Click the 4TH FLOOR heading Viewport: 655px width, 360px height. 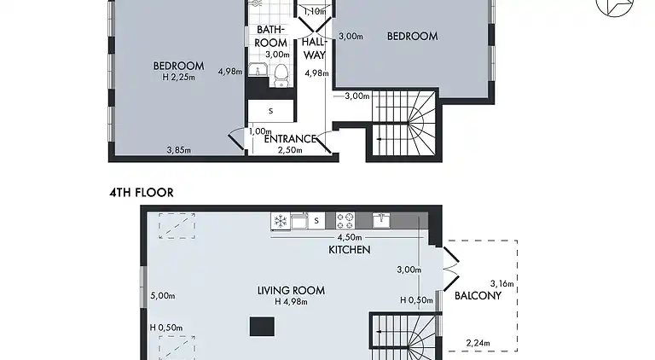(141, 193)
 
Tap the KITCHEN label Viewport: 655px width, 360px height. (350, 250)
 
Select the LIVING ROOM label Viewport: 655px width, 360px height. (291, 290)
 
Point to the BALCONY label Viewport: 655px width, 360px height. (477, 296)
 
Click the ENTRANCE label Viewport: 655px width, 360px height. (291, 139)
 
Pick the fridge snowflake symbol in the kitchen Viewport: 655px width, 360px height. (279, 221)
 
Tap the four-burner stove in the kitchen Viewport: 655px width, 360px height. (346, 220)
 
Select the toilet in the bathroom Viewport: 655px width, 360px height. (283, 77)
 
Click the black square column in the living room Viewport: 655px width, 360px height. (262, 326)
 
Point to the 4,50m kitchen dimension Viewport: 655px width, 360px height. (350, 238)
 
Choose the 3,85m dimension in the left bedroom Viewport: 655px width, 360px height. (178, 151)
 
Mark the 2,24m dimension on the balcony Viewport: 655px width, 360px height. (478, 344)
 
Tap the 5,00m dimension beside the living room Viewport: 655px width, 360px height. (162, 296)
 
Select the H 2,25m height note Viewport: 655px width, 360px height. (178, 77)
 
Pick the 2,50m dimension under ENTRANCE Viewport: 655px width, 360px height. (291, 150)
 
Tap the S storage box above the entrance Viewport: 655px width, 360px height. (270, 111)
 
